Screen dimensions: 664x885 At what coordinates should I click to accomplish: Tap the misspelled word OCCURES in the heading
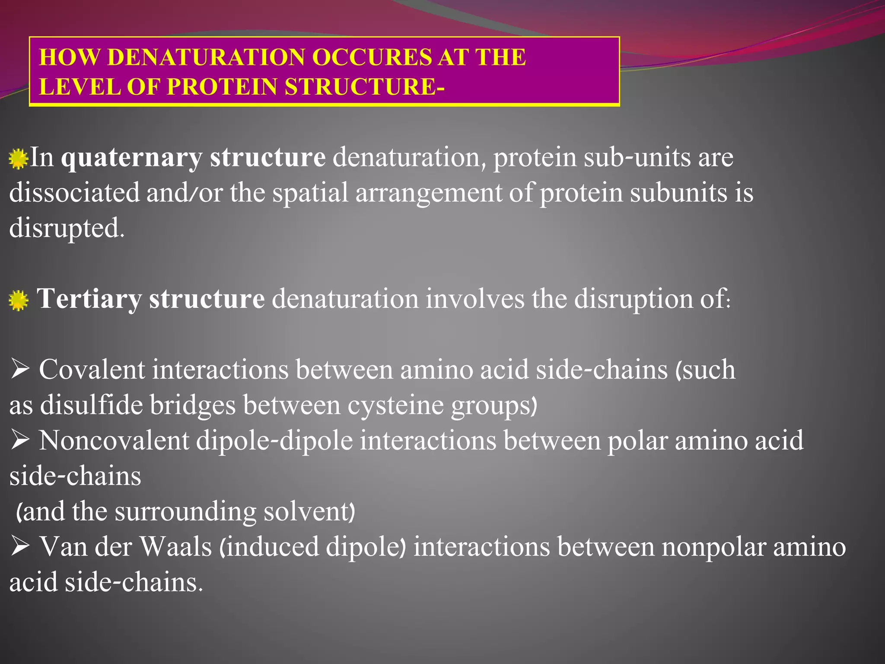pos(371,57)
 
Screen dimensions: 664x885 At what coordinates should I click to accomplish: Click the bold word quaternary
pos(131,157)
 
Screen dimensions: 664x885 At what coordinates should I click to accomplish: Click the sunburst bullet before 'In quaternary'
pos(18,159)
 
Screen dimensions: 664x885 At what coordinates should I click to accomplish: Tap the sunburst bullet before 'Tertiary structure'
pos(18,300)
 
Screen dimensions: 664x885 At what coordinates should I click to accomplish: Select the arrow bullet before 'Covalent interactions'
pos(20,370)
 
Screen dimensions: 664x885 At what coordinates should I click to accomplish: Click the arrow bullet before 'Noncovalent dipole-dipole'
pos(20,441)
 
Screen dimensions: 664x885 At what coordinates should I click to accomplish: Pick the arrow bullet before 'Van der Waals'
pos(20,547)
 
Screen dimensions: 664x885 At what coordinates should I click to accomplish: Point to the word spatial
pos(310,192)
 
